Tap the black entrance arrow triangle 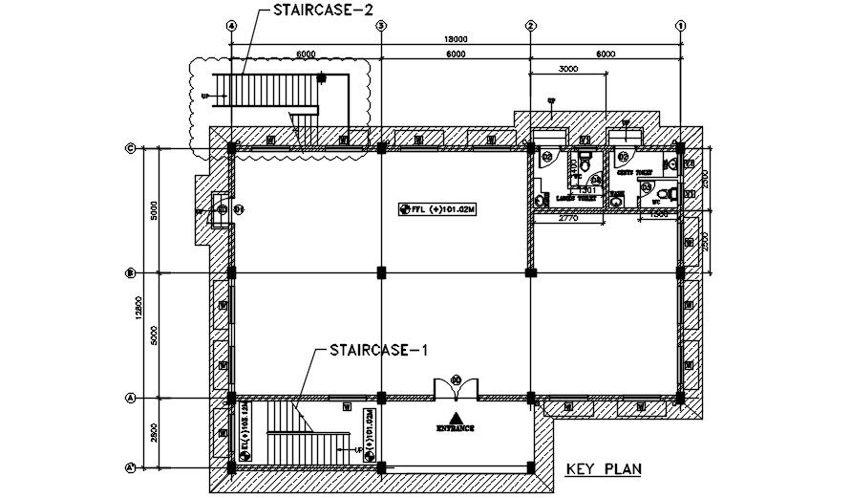[457, 417]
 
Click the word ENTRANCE [457, 428]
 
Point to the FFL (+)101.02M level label [440, 207]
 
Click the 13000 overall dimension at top [455, 38]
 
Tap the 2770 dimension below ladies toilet [569, 220]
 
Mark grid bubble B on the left [130, 273]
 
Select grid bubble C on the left [130, 148]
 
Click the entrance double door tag [456, 379]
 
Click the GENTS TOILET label [632, 173]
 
